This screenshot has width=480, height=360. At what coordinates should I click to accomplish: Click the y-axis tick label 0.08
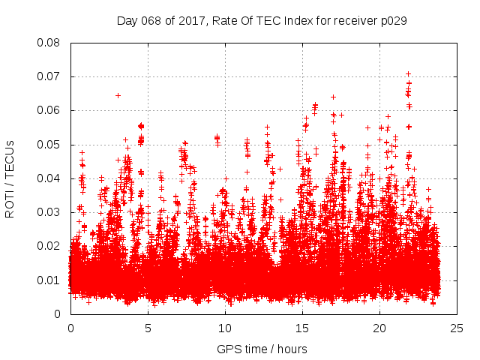coord(49,43)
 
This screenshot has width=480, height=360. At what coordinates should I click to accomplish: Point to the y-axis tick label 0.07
coord(49,76)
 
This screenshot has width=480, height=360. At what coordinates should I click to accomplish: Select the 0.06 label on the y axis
coord(49,110)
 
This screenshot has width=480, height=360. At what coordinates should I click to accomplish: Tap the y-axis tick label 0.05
coord(49,145)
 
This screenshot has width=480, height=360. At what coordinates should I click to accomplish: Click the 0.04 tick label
coord(49,178)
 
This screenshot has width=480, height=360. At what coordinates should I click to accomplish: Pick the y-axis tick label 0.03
coord(49,212)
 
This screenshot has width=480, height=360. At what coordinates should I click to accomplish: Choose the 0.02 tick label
coord(49,246)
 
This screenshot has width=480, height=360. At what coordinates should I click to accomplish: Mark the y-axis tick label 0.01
coord(49,280)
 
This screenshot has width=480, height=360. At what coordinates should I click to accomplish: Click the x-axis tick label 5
coord(148,328)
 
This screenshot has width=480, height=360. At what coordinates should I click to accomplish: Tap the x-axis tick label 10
coord(225,328)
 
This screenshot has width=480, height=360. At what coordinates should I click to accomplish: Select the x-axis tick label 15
coord(302,328)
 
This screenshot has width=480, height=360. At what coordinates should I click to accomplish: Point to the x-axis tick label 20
coord(379,328)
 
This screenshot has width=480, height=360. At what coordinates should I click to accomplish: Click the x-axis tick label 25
coord(457,328)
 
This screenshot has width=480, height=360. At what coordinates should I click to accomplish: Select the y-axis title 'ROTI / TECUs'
coord(10,178)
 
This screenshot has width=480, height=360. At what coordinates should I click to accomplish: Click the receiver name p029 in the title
coord(394,20)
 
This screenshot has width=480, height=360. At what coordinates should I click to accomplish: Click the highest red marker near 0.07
coord(408,73)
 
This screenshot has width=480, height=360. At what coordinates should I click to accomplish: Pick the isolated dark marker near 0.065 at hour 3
coord(118,95)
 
